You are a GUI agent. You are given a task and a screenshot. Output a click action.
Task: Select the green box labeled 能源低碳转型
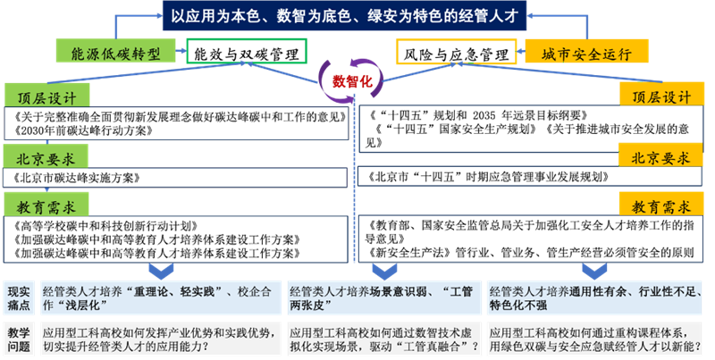pos(115,53)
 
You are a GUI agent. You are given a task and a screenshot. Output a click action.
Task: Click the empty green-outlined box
pos(247,52)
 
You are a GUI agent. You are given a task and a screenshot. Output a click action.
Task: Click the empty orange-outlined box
pos(455,52)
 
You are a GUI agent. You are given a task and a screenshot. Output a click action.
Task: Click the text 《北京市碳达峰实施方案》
pos(77,178)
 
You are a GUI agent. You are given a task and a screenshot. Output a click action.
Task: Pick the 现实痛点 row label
pos(21,297)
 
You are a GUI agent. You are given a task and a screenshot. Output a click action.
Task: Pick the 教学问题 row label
pos(21,337)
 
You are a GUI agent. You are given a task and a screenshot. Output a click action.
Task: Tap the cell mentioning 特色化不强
pos(598,297)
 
